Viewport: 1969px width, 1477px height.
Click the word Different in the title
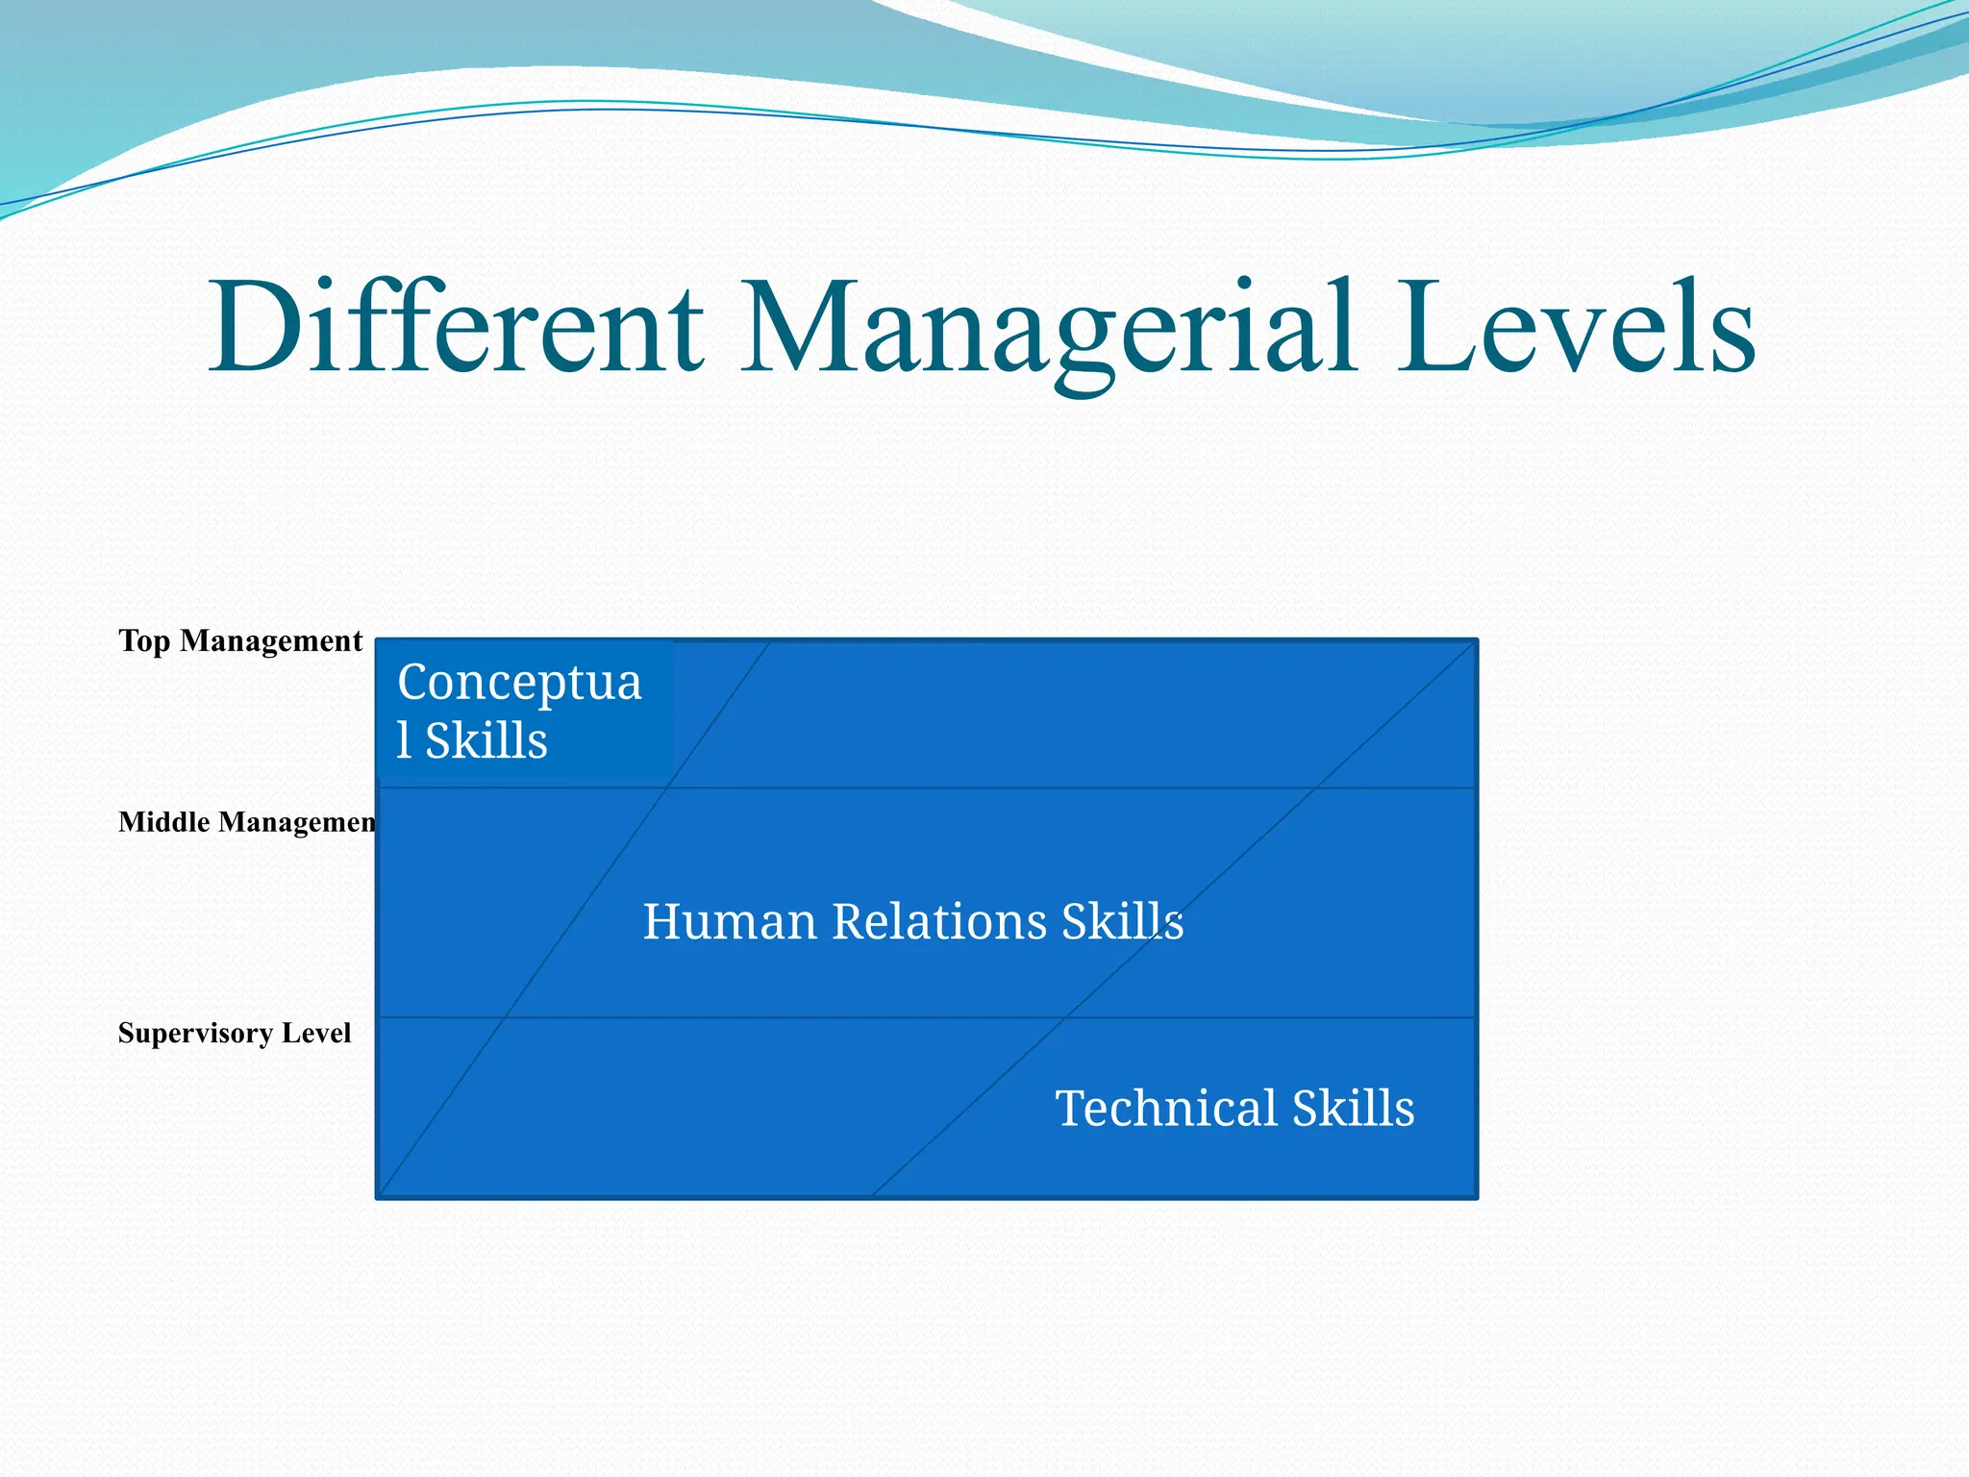pos(457,327)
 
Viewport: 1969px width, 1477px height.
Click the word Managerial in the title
pos(1048,332)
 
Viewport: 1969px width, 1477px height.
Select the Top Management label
pos(240,640)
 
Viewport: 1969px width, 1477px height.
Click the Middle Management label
pos(247,822)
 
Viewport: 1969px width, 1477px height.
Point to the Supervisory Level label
pos(235,1033)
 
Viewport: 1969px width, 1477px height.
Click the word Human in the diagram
pos(730,921)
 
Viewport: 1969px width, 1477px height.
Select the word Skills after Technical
pos(1353,1108)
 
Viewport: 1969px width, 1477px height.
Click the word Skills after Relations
pos(1122,921)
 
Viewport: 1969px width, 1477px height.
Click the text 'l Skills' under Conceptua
pos(472,740)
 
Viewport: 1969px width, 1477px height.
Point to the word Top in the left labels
pos(144,640)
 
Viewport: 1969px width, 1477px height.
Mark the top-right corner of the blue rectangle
pos(1476,640)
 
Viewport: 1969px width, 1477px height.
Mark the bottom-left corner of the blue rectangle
pos(378,1196)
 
